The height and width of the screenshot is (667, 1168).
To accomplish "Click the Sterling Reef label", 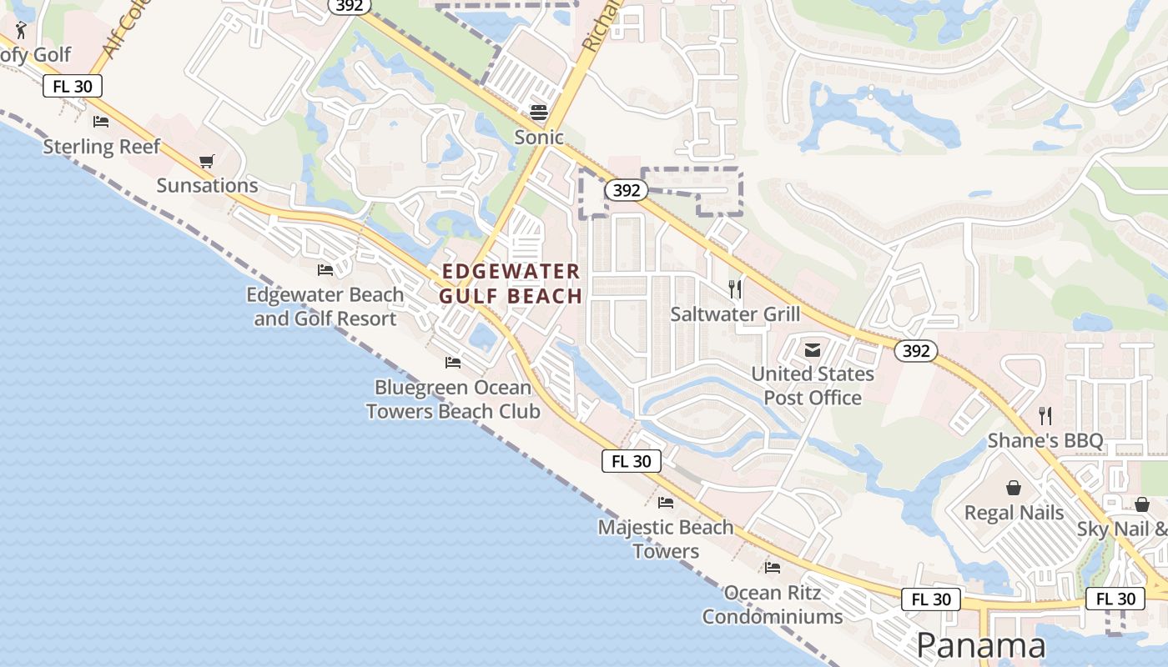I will tap(101, 147).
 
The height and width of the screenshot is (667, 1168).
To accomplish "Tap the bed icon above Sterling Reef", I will tap(101, 122).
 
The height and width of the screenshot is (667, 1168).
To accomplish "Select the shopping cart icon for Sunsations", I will tap(207, 161).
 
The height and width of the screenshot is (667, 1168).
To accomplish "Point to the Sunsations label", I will tap(207, 185).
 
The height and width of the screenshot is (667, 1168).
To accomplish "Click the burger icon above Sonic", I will tap(539, 113).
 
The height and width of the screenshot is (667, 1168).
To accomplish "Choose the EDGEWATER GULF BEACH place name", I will tap(511, 283).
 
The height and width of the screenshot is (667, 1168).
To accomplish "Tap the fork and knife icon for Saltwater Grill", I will tap(735, 289).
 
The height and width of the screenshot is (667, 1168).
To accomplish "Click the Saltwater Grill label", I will tap(735, 314).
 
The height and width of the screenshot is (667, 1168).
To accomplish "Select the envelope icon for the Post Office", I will tap(813, 349).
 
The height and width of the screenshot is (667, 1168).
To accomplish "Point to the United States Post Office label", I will tap(813, 385).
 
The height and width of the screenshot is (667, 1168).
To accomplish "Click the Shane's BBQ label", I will tap(1045, 440).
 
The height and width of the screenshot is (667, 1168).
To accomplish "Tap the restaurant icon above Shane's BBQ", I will tap(1045, 415).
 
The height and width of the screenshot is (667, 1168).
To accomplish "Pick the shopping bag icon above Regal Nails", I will tap(1014, 488).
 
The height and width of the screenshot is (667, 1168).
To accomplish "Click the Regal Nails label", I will tap(1014, 512).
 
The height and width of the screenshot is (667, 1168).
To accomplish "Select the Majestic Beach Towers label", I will tap(666, 539).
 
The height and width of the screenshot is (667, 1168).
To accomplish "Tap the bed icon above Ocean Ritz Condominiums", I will tap(773, 568).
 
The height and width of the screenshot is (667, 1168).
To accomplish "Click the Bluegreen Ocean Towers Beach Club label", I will tap(453, 399).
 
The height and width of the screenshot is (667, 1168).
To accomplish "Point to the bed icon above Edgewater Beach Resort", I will tap(325, 270).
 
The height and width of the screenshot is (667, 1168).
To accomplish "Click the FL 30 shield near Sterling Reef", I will tap(73, 86).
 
